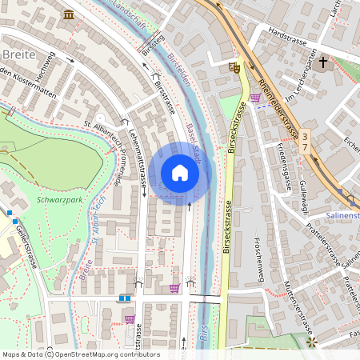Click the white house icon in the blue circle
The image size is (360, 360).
(180, 173)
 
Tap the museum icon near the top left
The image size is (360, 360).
(69, 14)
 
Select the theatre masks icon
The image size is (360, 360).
(234, 69)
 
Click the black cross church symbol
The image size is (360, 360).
(324, 62)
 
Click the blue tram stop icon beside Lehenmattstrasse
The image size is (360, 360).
(124, 298)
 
